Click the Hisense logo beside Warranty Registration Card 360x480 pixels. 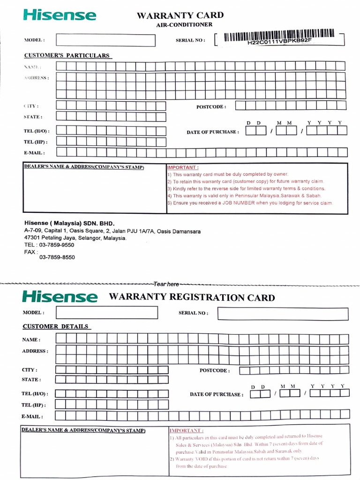click(60, 297)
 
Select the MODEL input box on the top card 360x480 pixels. click(105, 40)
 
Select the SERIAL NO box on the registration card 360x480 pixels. click(283, 314)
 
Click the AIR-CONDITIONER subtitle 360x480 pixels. click(184, 24)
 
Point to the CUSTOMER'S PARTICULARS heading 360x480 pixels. click(67, 55)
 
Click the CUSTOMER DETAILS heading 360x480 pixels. click(55, 326)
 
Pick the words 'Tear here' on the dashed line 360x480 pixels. click(166, 284)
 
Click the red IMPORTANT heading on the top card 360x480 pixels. click(183, 167)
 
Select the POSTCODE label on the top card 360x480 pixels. click(211, 107)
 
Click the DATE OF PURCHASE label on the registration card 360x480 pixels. click(217, 395)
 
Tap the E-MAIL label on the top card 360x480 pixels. click(34, 153)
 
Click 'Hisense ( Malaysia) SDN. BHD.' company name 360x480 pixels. click(69, 223)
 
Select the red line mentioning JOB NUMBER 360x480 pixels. click(250, 203)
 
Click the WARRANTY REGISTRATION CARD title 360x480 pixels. click(192, 297)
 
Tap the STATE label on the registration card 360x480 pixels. click(31, 380)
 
